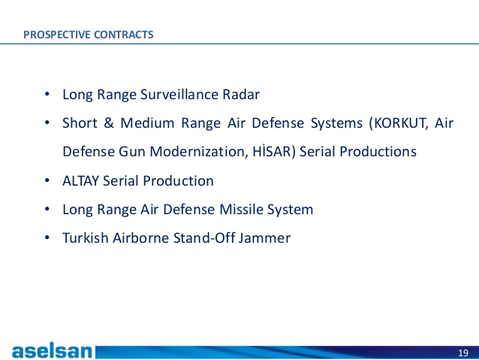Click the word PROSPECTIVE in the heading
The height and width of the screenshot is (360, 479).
57,35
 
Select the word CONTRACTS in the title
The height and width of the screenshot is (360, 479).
123,35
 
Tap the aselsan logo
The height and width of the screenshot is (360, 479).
52,352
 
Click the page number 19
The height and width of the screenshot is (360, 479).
463,353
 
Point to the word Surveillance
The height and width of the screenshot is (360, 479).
179,94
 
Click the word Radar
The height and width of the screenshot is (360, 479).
241,94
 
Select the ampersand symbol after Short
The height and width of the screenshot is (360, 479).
109,123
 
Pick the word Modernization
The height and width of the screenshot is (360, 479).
198,151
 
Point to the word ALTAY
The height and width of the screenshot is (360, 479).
81,181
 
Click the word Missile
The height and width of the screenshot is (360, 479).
241,210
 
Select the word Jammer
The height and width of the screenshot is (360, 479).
264,238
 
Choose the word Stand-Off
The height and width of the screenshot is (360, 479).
204,238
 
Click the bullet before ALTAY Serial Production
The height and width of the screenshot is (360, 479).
47,181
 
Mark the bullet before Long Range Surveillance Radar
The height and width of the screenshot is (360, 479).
47,94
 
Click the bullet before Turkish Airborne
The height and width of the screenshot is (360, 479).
47,237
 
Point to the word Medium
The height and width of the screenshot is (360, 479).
148,123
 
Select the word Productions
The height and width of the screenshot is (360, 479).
378,151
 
